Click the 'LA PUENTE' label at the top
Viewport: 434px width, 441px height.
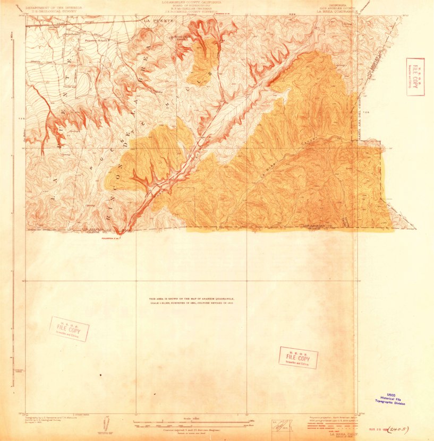(x=159, y=20)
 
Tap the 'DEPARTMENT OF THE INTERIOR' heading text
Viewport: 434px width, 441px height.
(x=49, y=7)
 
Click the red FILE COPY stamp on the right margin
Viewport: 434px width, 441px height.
(x=415, y=76)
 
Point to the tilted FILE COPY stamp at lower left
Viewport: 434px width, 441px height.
(x=69, y=329)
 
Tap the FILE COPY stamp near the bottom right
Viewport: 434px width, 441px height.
(x=298, y=358)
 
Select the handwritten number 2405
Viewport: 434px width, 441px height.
(x=401, y=428)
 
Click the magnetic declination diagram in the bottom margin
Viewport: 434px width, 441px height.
(x=108, y=424)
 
